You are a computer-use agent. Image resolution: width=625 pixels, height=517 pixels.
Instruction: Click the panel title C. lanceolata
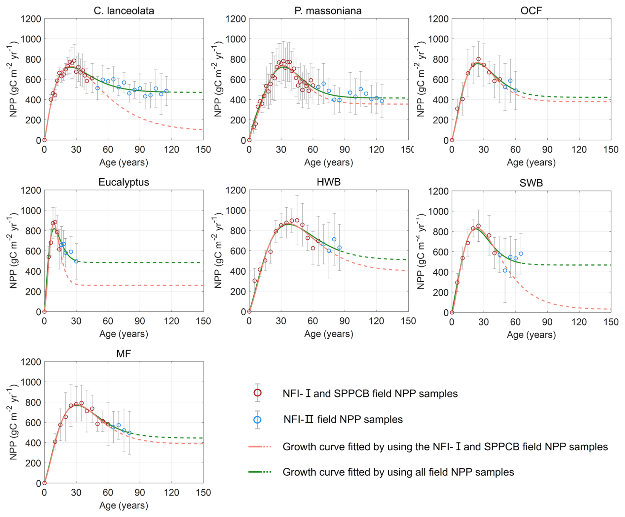(x=124, y=11)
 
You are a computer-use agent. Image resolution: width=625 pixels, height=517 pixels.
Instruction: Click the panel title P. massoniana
(x=328, y=11)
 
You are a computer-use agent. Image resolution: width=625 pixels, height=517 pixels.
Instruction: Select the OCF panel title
(x=531, y=11)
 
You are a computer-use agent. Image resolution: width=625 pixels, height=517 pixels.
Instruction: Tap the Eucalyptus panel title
(x=124, y=182)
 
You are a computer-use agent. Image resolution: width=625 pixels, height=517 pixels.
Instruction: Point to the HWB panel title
(x=328, y=182)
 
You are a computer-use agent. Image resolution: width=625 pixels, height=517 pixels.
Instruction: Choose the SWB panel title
(x=531, y=183)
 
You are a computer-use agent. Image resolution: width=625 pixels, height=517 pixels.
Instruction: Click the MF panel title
(x=124, y=354)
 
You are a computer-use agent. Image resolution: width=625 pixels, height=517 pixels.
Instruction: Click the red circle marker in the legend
(x=258, y=393)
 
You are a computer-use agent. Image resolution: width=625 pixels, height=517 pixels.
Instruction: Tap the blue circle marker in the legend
(x=258, y=420)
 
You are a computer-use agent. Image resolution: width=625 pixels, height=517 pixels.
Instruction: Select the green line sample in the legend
(x=260, y=472)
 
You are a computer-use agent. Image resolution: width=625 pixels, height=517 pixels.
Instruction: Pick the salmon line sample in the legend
(x=260, y=447)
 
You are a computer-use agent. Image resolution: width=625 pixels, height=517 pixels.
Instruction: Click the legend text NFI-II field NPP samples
(x=343, y=420)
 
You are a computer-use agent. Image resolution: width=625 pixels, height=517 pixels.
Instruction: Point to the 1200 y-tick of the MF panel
(x=31, y=362)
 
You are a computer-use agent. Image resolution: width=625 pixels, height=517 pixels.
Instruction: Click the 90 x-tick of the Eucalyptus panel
(x=140, y=321)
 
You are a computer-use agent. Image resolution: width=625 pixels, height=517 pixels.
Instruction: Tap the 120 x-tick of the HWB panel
(x=376, y=321)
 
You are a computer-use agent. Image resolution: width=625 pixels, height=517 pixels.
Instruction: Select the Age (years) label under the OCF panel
(x=531, y=162)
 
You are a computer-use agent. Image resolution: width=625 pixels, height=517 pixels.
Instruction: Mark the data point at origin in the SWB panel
(x=452, y=312)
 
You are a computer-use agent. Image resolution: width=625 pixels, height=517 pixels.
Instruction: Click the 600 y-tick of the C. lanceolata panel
(x=33, y=80)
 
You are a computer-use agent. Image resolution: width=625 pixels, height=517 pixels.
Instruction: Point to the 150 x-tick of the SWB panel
(x=611, y=322)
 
